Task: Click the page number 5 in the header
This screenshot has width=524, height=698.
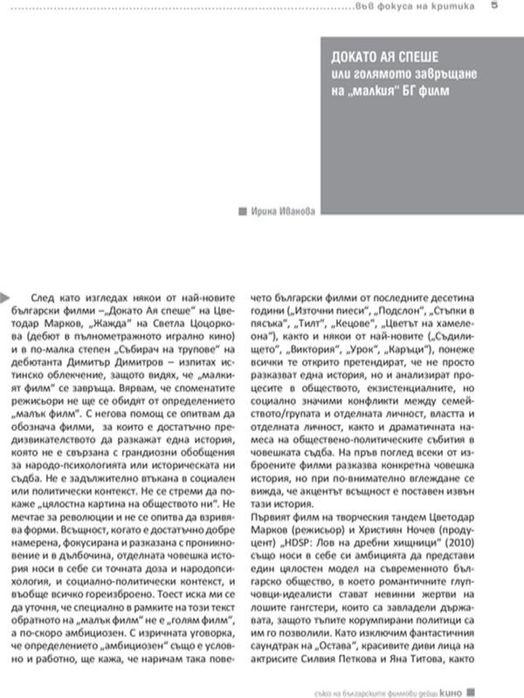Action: [495, 7]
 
